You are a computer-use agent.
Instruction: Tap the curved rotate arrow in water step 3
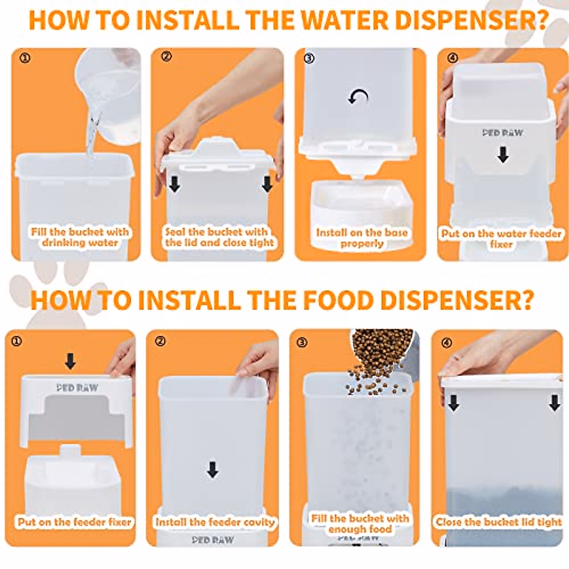pos(358,97)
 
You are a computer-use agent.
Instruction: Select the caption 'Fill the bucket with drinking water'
pos(80,237)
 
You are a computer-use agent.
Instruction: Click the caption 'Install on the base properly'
pos(362,238)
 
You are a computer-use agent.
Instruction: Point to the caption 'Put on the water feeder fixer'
pos(501,239)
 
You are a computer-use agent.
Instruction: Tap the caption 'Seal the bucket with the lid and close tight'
pos(220,237)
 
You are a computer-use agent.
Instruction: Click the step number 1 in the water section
pos(25,58)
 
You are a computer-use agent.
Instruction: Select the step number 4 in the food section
pos(447,343)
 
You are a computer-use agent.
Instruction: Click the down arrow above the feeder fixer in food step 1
pos(70,361)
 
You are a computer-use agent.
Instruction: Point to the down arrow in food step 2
pos(212,470)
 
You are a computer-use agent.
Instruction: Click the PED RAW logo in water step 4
pos(503,133)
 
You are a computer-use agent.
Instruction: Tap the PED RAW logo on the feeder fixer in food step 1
pos(77,388)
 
